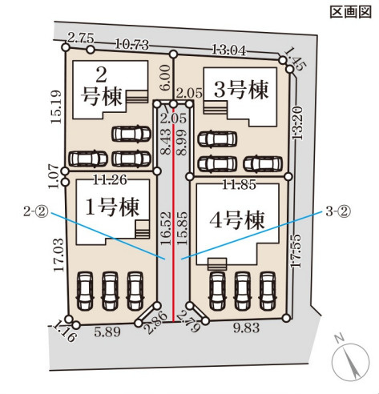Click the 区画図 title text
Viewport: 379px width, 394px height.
point(351,12)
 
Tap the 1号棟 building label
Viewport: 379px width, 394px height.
point(112,207)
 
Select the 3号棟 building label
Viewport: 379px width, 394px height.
point(241,90)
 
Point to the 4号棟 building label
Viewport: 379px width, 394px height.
point(237,220)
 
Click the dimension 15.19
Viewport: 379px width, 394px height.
point(57,107)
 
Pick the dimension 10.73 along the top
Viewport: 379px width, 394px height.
point(131,44)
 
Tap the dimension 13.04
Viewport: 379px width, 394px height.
point(228,50)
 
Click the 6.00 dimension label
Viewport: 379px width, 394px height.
point(165,78)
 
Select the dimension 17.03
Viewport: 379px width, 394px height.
point(58,255)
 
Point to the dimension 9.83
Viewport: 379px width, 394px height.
point(246,328)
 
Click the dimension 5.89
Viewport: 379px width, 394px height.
point(107,332)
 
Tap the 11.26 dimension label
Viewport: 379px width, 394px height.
point(110,180)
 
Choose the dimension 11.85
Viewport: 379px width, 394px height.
point(240,184)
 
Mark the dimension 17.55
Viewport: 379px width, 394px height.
point(296,251)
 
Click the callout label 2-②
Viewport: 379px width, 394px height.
point(35,211)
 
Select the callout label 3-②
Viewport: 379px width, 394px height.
point(337,211)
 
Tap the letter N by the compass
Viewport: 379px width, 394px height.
point(340,339)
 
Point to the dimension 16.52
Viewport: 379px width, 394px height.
point(166,228)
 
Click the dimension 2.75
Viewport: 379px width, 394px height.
point(81,38)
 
